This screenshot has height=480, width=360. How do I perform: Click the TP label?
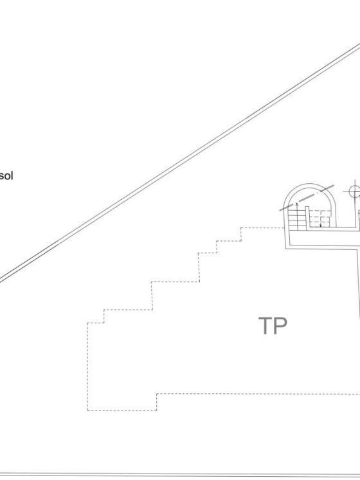(x=273, y=326)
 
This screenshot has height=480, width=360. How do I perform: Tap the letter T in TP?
(x=265, y=326)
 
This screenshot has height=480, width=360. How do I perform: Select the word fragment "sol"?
(x=6, y=176)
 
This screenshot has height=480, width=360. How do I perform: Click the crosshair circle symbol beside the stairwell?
(x=354, y=192)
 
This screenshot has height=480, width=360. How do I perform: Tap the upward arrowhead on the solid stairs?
(x=296, y=203)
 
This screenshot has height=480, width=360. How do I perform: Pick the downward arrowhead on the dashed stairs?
(x=321, y=226)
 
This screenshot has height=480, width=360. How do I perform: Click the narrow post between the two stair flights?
(x=307, y=217)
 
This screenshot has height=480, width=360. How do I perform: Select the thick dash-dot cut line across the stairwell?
(x=307, y=198)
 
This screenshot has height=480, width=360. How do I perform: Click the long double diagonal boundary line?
(x=180, y=162)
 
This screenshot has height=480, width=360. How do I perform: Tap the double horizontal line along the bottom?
(x=180, y=475)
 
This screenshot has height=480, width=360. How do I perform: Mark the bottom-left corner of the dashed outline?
(x=87, y=410)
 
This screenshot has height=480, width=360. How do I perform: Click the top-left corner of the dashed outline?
(x=87, y=323)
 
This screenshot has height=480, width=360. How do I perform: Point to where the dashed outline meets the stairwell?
(x=285, y=227)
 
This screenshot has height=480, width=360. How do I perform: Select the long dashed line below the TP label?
(x=258, y=394)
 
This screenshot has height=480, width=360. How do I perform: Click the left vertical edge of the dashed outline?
(x=87, y=366)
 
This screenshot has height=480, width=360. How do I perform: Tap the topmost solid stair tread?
(x=296, y=209)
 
